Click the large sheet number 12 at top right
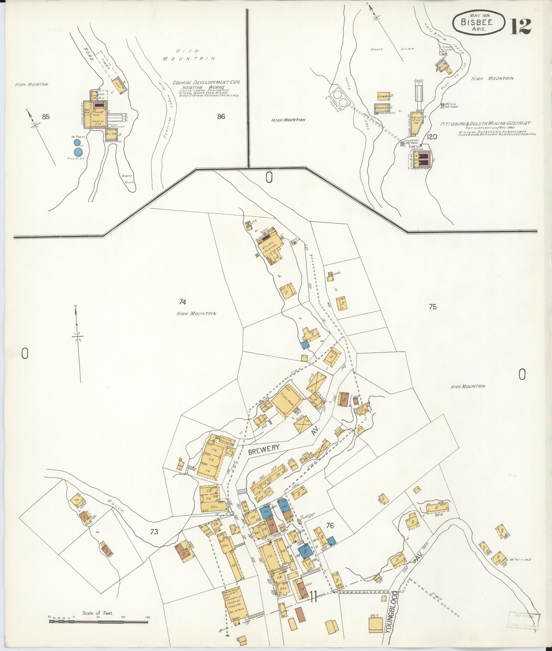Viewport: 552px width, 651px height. (x=522, y=26)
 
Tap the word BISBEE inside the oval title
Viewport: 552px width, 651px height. (x=476, y=22)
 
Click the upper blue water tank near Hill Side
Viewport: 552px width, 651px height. (x=76, y=143)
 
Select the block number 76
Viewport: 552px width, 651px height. (x=330, y=526)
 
